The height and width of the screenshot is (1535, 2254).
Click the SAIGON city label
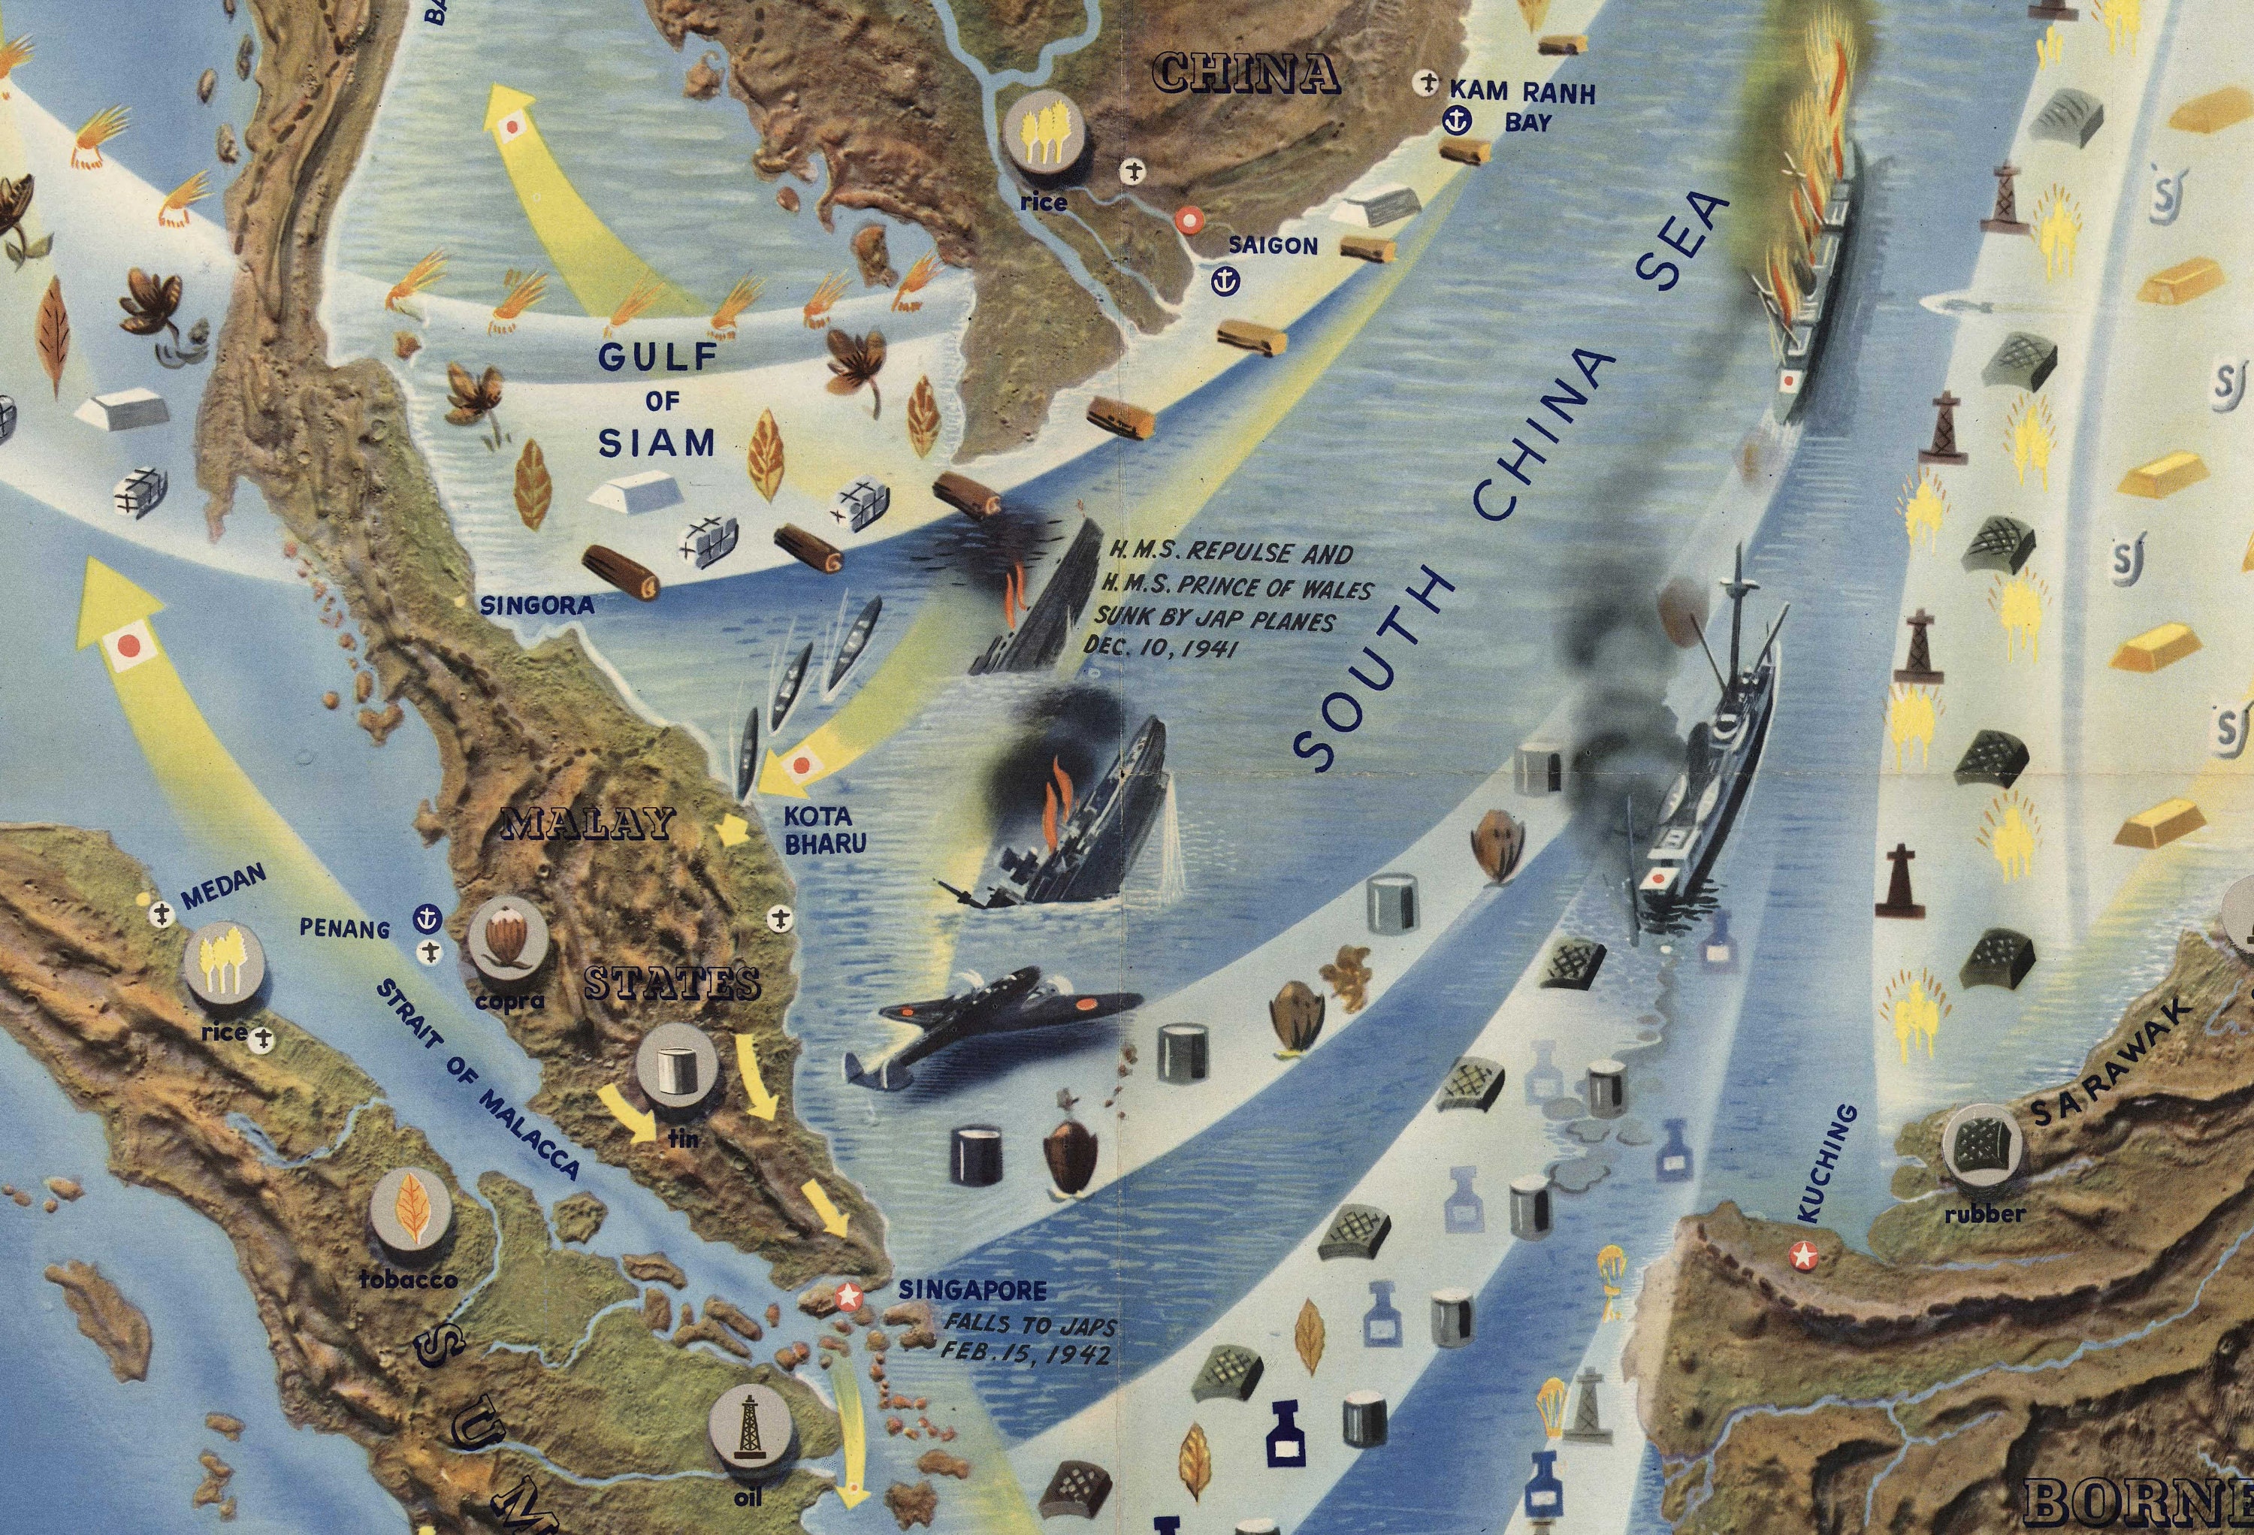point(1273,246)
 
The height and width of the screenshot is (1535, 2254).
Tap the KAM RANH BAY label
point(1521,107)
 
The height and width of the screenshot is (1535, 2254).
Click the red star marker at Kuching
point(1803,1255)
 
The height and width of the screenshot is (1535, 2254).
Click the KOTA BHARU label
point(824,831)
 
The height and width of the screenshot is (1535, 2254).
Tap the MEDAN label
point(222,885)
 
